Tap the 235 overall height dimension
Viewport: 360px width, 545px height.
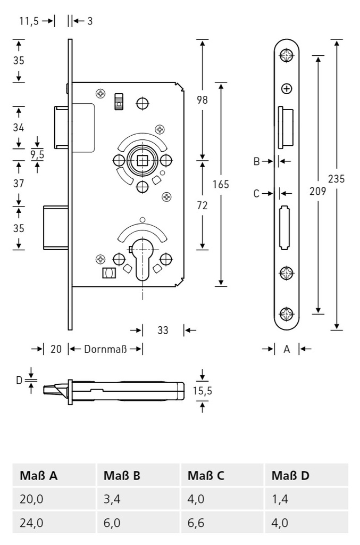(336, 179)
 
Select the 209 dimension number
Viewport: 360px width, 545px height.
(317, 192)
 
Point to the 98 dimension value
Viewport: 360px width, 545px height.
(202, 100)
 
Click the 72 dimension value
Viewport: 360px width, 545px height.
(202, 205)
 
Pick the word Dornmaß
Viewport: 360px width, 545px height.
(105, 349)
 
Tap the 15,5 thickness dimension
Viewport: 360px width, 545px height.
(202, 391)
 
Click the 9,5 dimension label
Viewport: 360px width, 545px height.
(37, 155)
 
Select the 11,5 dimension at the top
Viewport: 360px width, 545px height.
(29, 21)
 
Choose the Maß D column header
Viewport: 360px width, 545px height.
(290, 475)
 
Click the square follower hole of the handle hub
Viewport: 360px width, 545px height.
(142, 160)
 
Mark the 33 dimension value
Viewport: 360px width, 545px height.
(163, 331)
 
